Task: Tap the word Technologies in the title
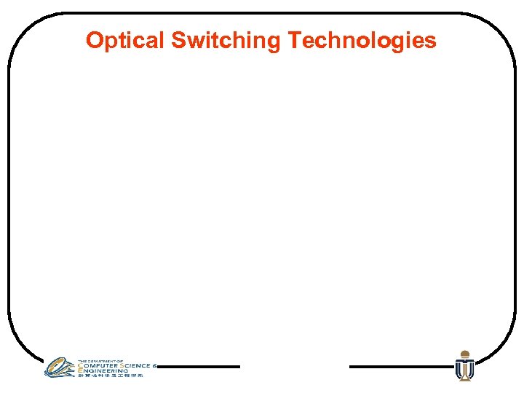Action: pyautogui.click(x=362, y=41)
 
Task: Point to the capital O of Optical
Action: pyautogui.click(x=93, y=40)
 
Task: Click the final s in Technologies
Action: pyautogui.click(x=432, y=41)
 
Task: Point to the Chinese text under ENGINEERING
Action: pyautogui.click(x=110, y=376)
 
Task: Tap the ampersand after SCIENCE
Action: pyautogui.click(x=155, y=365)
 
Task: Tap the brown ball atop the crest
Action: pyautogui.click(x=464, y=354)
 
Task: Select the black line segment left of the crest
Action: pyautogui.click(x=400, y=367)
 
